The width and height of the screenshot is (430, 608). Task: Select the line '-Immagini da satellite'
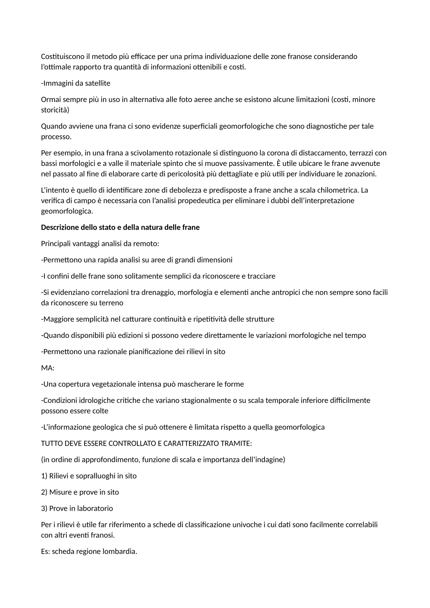76,83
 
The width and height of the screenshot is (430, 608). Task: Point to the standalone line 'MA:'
48,368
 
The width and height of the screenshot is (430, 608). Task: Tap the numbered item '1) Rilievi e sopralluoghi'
89,476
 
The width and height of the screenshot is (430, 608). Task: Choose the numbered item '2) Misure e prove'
80,492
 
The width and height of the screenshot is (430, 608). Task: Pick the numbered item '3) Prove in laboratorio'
77,508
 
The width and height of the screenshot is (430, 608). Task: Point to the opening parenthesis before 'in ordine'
42,460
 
